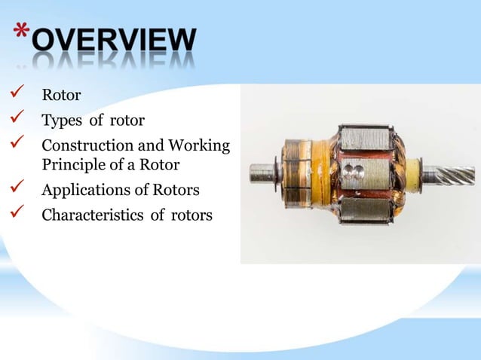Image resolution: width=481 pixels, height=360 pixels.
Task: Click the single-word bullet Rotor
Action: pos(61,96)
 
